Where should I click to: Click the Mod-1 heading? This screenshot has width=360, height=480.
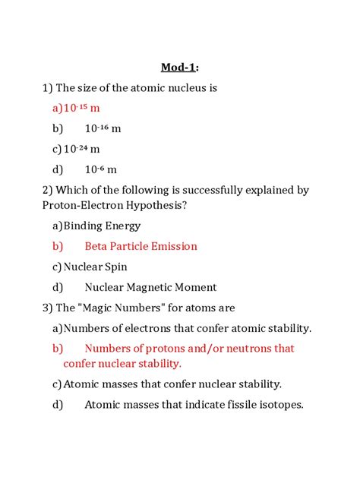point(179,68)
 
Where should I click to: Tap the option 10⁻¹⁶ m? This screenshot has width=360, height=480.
point(103,129)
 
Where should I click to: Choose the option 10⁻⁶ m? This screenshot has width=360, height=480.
point(100,170)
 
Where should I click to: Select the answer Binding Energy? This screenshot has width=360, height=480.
point(102,226)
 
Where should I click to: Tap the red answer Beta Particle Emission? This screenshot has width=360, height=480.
point(141,246)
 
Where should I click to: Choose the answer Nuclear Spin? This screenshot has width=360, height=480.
point(95,267)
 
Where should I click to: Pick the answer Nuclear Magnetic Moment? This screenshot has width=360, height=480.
point(150,287)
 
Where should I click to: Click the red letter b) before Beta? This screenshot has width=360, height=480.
point(58,246)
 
